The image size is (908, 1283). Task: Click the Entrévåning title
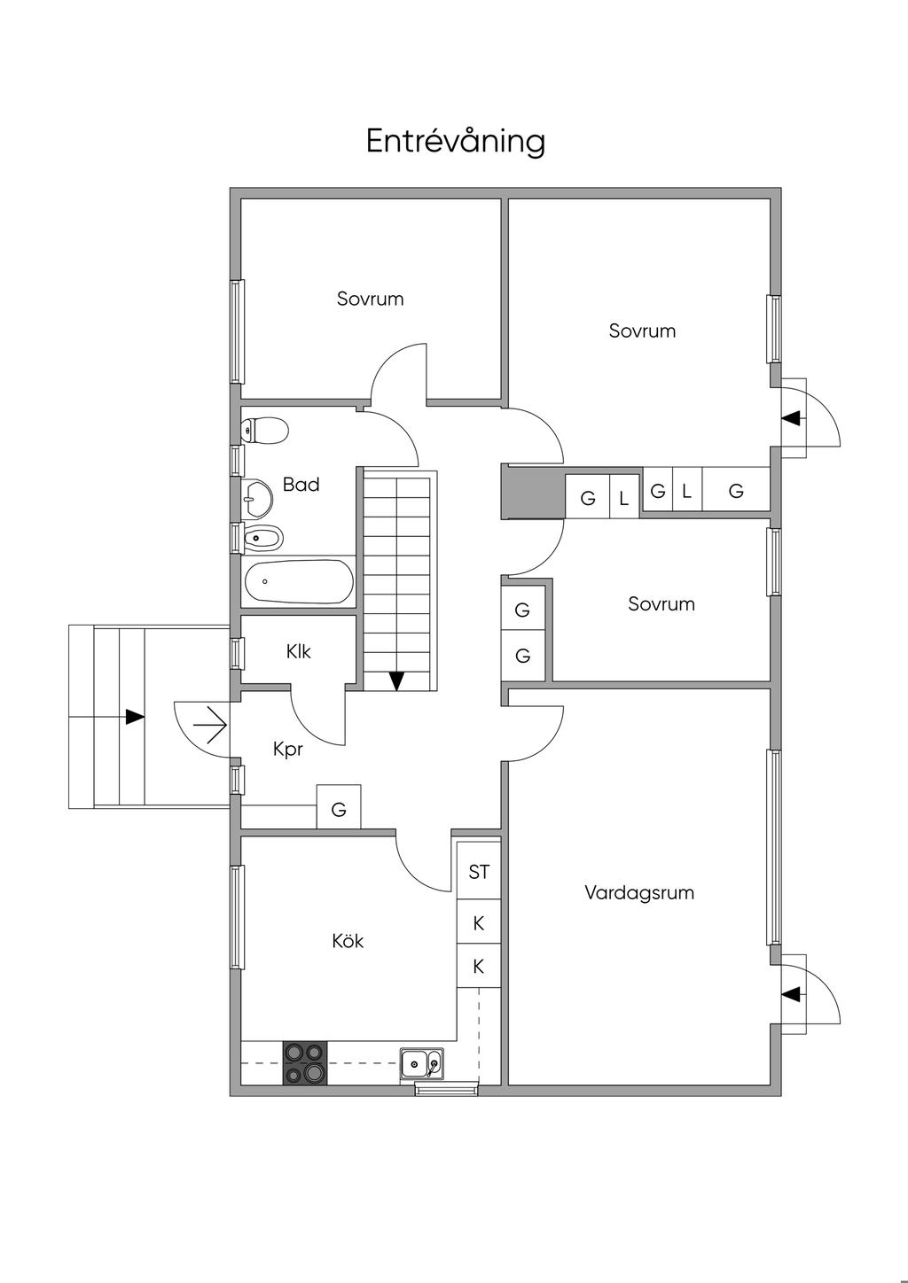[455, 142]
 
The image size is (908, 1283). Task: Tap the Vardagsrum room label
[639, 892]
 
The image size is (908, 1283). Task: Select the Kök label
[348, 941]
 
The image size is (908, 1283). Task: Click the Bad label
[301, 485]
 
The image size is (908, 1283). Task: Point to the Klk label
[299, 651]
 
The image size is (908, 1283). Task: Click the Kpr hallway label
[288, 750]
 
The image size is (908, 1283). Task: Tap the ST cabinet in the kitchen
[479, 872]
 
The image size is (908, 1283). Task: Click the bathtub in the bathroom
[299, 581]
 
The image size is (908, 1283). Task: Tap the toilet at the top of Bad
[264, 430]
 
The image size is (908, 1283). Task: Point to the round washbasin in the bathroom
[257, 497]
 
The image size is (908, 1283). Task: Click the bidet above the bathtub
[262, 538]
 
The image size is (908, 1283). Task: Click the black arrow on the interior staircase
[396, 680]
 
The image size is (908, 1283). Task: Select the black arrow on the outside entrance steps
[135, 717]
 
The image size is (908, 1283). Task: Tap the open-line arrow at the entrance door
[210, 725]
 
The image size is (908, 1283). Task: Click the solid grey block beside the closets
[533, 492]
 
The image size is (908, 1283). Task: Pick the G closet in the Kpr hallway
[339, 806]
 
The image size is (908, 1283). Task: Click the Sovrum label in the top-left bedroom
[371, 299]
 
